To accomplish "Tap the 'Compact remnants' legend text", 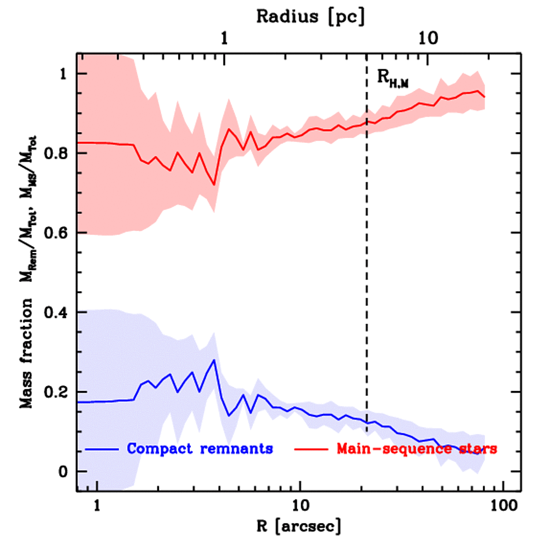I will click(x=200, y=448).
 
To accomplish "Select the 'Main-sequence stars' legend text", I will click(x=416, y=448).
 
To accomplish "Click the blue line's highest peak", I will click(x=214, y=360).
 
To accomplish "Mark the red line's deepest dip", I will click(x=214, y=185).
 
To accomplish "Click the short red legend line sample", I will click(x=313, y=448).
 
